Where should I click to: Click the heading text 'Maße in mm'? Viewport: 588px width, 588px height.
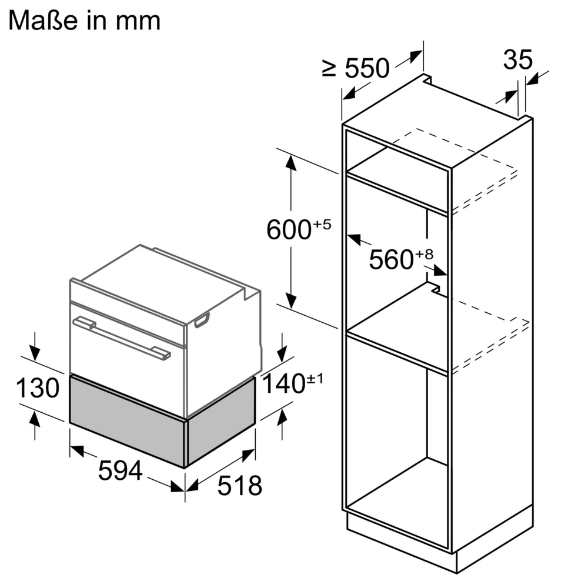point(85,21)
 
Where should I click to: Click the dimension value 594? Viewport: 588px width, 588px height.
point(120,470)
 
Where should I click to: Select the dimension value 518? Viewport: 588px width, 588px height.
point(239,486)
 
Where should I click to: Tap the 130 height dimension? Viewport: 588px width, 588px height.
point(37,389)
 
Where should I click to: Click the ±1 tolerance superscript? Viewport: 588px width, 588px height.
point(315,378)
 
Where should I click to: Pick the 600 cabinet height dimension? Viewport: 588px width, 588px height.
point(288,229)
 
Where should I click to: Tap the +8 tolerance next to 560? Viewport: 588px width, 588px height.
point(425,254)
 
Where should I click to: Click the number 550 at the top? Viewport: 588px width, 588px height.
point(367,69)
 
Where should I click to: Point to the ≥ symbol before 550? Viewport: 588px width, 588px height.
point(329,69)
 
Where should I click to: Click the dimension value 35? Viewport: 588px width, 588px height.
point(517,59)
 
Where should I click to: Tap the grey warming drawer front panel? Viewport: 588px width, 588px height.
point(127,420)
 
